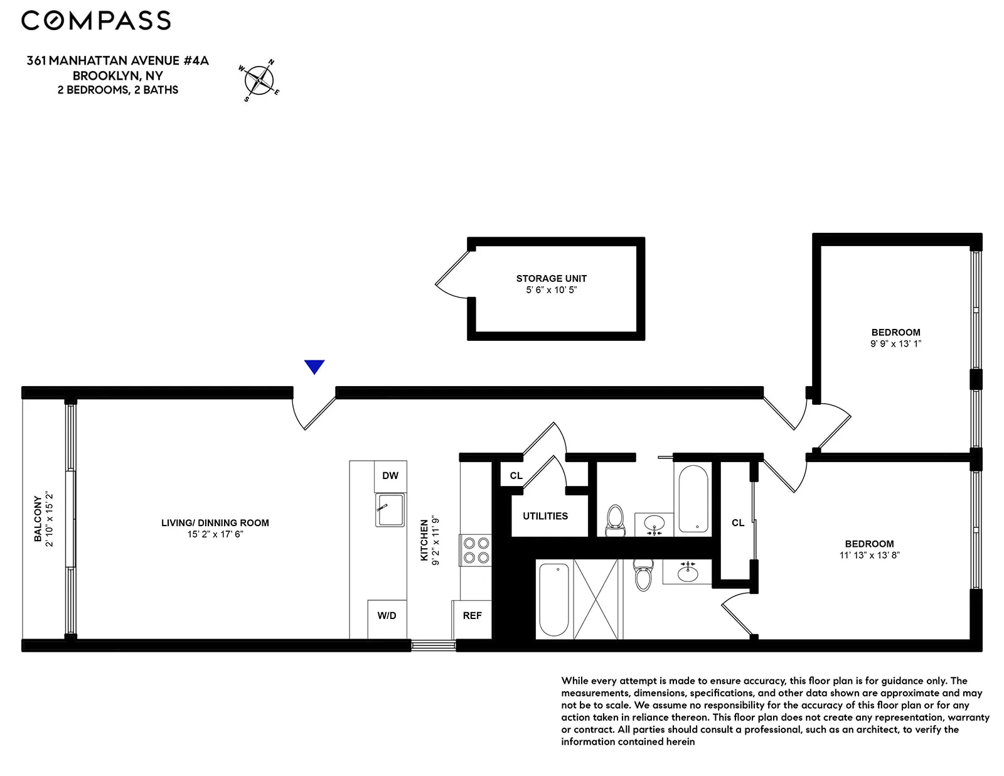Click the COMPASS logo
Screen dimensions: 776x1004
pyautogui.click(x=96, y=21)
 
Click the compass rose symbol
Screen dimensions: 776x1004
pyautogui.click(x=259, y=80)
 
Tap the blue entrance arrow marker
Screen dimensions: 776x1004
pyautogui.click(x=314, y=367)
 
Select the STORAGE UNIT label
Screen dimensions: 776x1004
pyautogui.click(x=551, y=278)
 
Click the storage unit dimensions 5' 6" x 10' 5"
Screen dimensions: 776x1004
pyautogui.click(x=551, y=290)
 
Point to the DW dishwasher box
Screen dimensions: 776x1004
pyautogui.click(x=390, y=476)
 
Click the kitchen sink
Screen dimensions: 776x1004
pyautogui.click(x=390, y=510)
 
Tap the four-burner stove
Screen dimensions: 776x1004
pyautogui.click(x=476, y=550)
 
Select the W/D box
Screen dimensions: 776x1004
pyautogui.click(x=387, y=616)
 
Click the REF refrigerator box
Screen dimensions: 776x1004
pyautogui.click(x=472, y=616)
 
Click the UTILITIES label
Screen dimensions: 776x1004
pyautogui.click(x=545, y=516)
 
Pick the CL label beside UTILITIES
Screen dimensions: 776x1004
pyautogui.click(x=516, y=476)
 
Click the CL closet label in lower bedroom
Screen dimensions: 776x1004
pyautogui.click(x=737, y=523)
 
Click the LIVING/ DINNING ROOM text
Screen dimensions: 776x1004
pyautogui.click(x=215, y=523)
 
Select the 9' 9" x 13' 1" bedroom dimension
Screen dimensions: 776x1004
pyautogui.click(x=895, y=344)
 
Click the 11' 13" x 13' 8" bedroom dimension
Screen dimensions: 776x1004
pyautogui.click(x=869, y=556)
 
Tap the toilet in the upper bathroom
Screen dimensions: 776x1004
pyautogui.click(x=615, y=520)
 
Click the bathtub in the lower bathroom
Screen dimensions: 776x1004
pyautogui.click(x=553, y=600)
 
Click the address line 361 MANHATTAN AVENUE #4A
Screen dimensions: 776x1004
pyautogui.click(x=117, y=61)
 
